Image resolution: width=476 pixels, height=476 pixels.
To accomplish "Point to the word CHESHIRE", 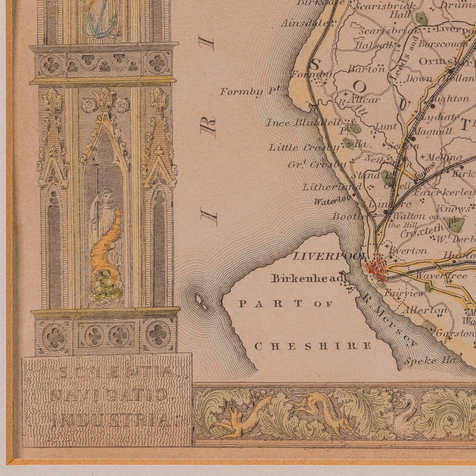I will point(313,346).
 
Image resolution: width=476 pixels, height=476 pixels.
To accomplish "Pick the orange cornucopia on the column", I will point(104,254).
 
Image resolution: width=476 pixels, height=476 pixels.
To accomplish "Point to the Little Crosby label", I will point(303,148).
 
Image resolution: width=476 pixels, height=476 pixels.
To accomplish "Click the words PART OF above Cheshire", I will point(285,304).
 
